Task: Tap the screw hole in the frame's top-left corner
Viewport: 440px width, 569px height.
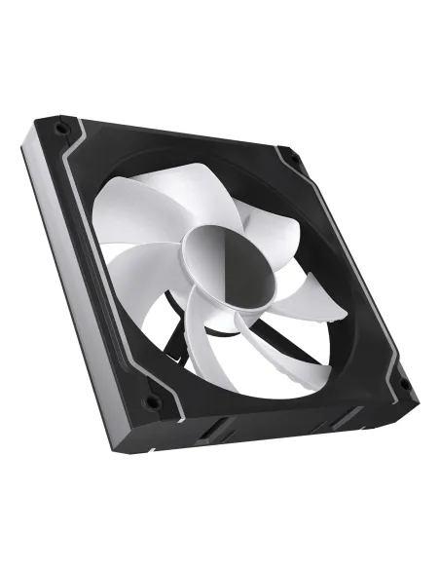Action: (x=60, y=128)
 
